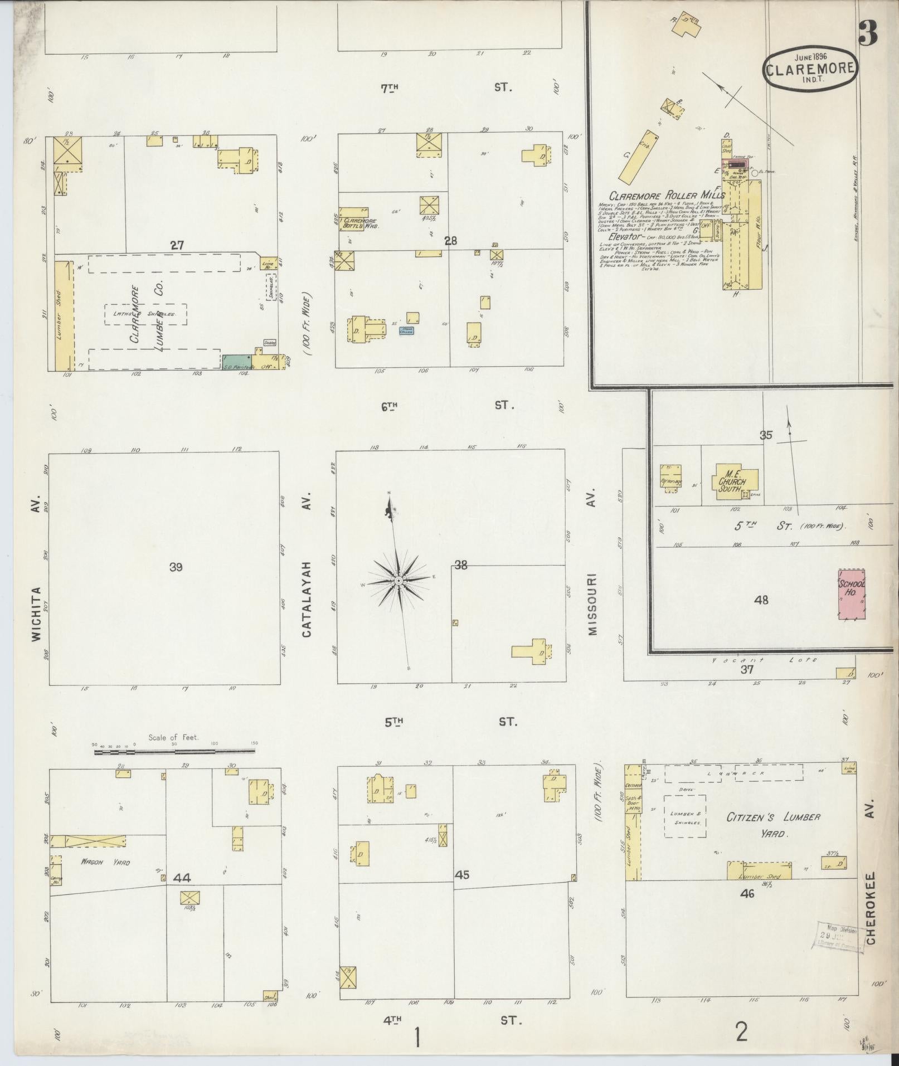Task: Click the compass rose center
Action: pyautogui.click(x=399, y=581)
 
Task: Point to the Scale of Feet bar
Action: pyautogui.click(x=174, y=752)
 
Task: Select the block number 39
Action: pyautogui.click(x=176, y=567)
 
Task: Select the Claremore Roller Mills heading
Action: pyautogui.click(x=666, y=196)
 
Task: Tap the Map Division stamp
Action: pyautogui.click(x=839, y=937)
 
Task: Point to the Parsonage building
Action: pyautogui.click(x=670, y=477)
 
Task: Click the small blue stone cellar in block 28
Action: pyautogui.click(x=406, y=330)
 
